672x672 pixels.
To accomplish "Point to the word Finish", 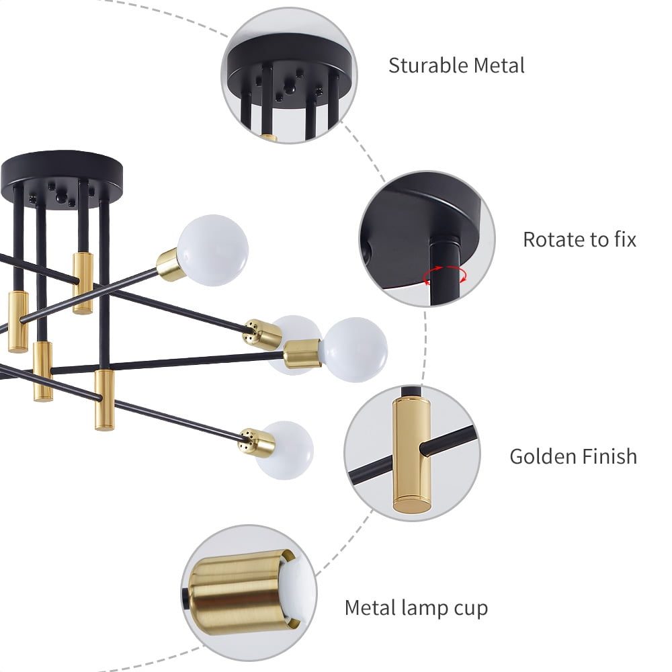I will [607, 456].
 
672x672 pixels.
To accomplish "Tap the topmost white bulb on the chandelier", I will [213, 250].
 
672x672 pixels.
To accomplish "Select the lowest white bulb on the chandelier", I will [286, 450].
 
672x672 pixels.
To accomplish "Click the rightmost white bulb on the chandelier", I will [355, 349].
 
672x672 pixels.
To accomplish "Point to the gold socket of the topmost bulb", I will [171, 265].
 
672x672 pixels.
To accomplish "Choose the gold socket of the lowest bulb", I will [258, 442].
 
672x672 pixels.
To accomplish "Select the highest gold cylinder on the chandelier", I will [83, 282].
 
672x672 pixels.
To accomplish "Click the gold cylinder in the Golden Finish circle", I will [412, 454].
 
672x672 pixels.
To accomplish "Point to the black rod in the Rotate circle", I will [444, 269].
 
